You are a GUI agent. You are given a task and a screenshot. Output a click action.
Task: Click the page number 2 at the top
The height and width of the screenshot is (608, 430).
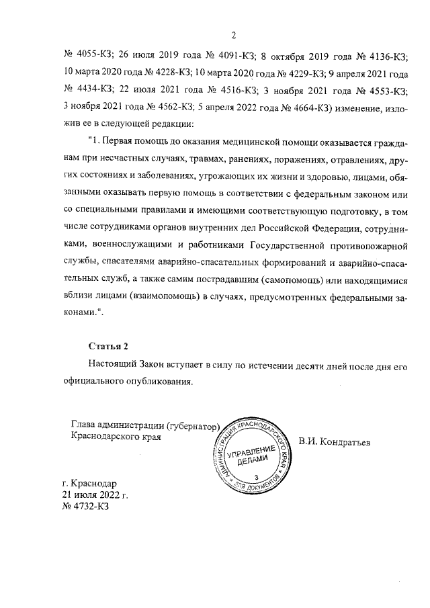click(232, 36)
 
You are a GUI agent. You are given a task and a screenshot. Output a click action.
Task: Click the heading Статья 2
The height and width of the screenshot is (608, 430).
click(107, 346)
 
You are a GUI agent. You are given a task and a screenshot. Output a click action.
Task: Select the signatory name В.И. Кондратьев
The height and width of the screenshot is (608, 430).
click(335, 441)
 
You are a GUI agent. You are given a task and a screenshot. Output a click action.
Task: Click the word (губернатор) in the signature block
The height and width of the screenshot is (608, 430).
click(187, 425)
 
